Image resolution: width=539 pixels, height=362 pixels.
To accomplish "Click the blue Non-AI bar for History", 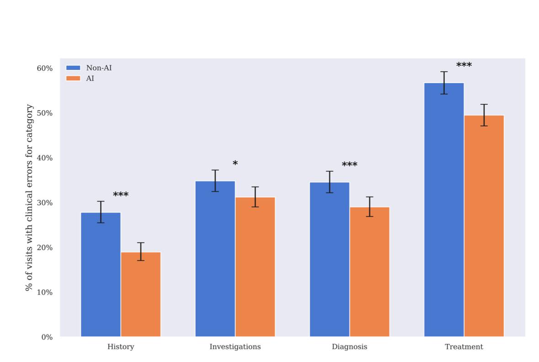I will click(x=101, y=274).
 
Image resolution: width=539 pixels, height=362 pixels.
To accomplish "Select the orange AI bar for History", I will click(x=141, y=294).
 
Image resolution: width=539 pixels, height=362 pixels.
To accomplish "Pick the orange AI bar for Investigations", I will click(x=255, y=267).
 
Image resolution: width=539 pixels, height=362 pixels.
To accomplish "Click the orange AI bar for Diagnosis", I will click(x=369, y=272).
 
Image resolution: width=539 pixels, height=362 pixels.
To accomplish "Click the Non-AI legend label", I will click(x=99, y=68).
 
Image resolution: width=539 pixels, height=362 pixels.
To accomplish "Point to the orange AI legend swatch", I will click(x=73, y=78).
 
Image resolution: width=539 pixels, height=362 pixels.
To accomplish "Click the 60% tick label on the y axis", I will click(x=44, y=68).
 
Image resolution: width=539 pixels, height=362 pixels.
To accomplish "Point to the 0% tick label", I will click(x=47, y=337).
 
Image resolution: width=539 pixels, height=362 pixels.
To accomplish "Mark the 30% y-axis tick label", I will click(x=44, y=203).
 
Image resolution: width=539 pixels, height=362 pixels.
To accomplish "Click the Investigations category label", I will click(x=235, y=347).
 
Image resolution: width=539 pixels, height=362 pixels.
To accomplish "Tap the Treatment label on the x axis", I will click(x=464, y=347).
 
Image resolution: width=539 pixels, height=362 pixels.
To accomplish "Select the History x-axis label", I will click(x=121, y=347).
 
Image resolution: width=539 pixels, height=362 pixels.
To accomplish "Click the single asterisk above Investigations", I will click(x=235, y=164).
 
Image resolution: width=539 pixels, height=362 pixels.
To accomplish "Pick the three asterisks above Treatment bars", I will click(x=464, y=65).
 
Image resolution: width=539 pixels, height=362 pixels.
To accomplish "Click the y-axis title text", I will click(x=29, y=197).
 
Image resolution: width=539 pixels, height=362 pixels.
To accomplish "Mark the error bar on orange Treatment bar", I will click(x=484, y=115).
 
